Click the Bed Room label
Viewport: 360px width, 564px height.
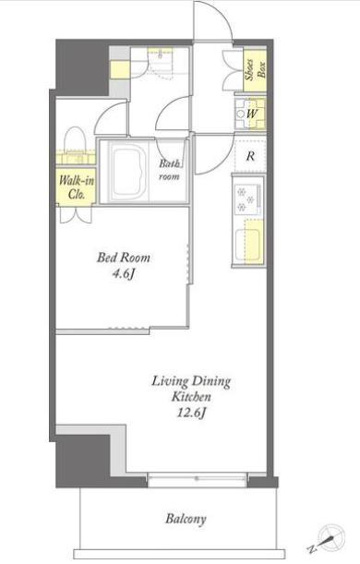[x=124, y=258]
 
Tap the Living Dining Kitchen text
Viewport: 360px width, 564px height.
[x=191, y=389]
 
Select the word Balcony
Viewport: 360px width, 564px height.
[x=186, y=519]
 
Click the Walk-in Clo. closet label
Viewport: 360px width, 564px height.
[x=77, y=187]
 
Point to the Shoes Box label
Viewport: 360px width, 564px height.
[x=255, y=69]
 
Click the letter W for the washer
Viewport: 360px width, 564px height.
[x=252, y=114]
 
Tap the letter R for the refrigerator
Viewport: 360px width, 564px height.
[x=251, y=156]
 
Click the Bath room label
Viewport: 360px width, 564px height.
[x=170, y=170]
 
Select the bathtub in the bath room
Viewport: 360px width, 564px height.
[x=129, y=173]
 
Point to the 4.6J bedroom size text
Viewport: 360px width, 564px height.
[x=124, y=274]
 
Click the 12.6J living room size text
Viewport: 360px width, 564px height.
[x=191, y=413]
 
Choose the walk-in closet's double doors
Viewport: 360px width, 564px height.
[x=76, y=215]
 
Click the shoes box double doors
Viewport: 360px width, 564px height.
[x=233, y=70]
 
